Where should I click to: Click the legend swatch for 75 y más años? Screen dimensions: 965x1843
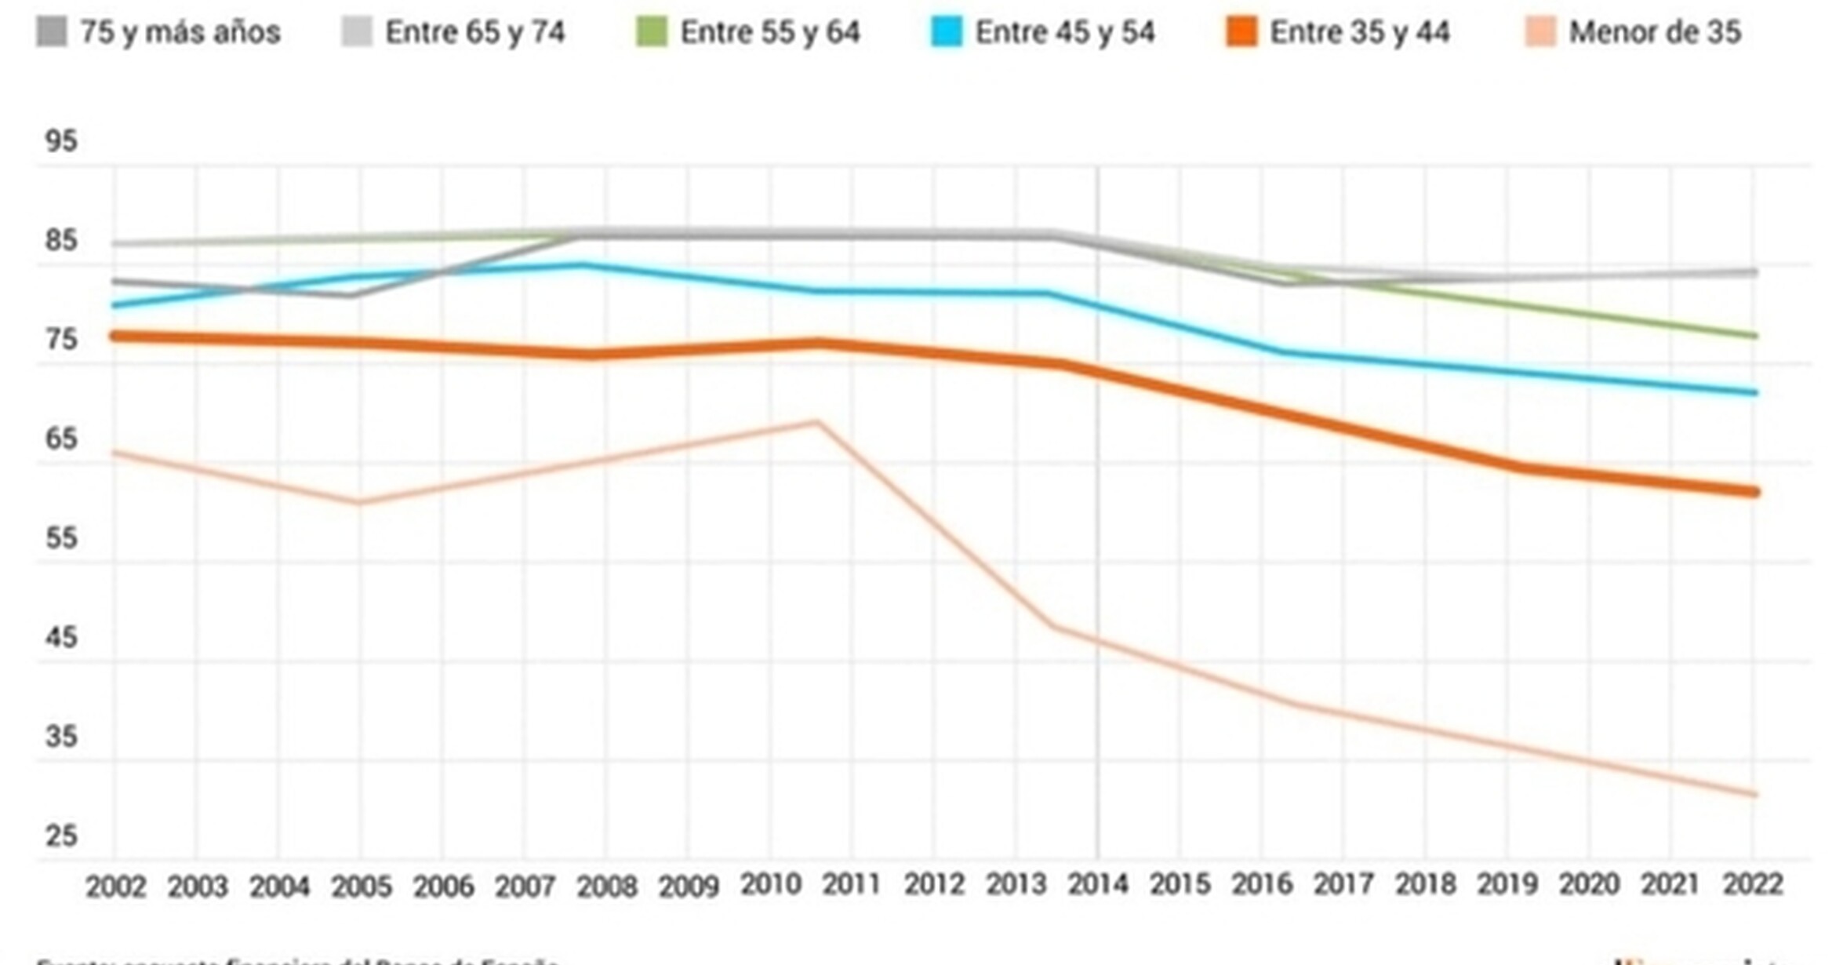point(52,33)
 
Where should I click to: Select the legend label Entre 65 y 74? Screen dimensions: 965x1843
point(474,33)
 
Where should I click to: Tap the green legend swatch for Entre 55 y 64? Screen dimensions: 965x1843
point(651,33)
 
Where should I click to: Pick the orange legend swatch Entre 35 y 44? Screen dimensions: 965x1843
point(1241,33)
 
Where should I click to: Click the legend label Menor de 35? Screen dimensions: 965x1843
point(1655,33)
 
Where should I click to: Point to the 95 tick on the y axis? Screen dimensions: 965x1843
point(61,142)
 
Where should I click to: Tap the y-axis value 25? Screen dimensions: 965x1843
point(61,836)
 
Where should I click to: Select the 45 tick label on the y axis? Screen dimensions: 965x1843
point(61,638)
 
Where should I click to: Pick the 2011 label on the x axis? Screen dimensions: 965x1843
point(852,885)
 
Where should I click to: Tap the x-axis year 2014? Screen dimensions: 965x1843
point(1098,885)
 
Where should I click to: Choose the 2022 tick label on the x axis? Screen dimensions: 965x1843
point(1753,885)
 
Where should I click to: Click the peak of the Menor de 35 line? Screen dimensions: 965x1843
point(817,423)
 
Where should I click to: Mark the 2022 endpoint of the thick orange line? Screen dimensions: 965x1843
point(1754,492)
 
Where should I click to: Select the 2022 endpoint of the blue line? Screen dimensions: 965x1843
point(1754,392)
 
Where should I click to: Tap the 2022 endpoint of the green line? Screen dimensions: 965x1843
point(1754,336)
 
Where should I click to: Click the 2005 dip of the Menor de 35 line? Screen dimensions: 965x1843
point(359,503)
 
